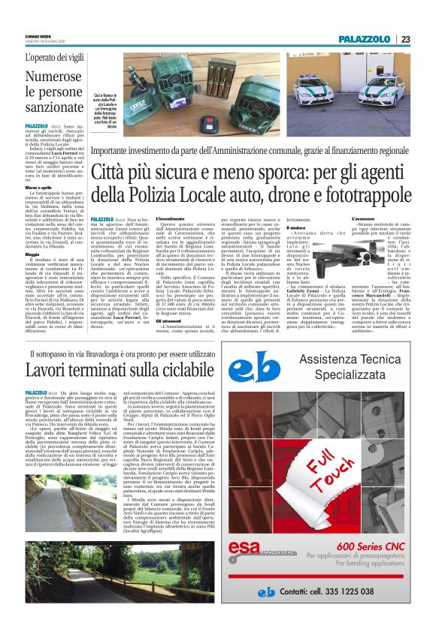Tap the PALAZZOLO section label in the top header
pyautogui.click(x=365, y=38)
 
